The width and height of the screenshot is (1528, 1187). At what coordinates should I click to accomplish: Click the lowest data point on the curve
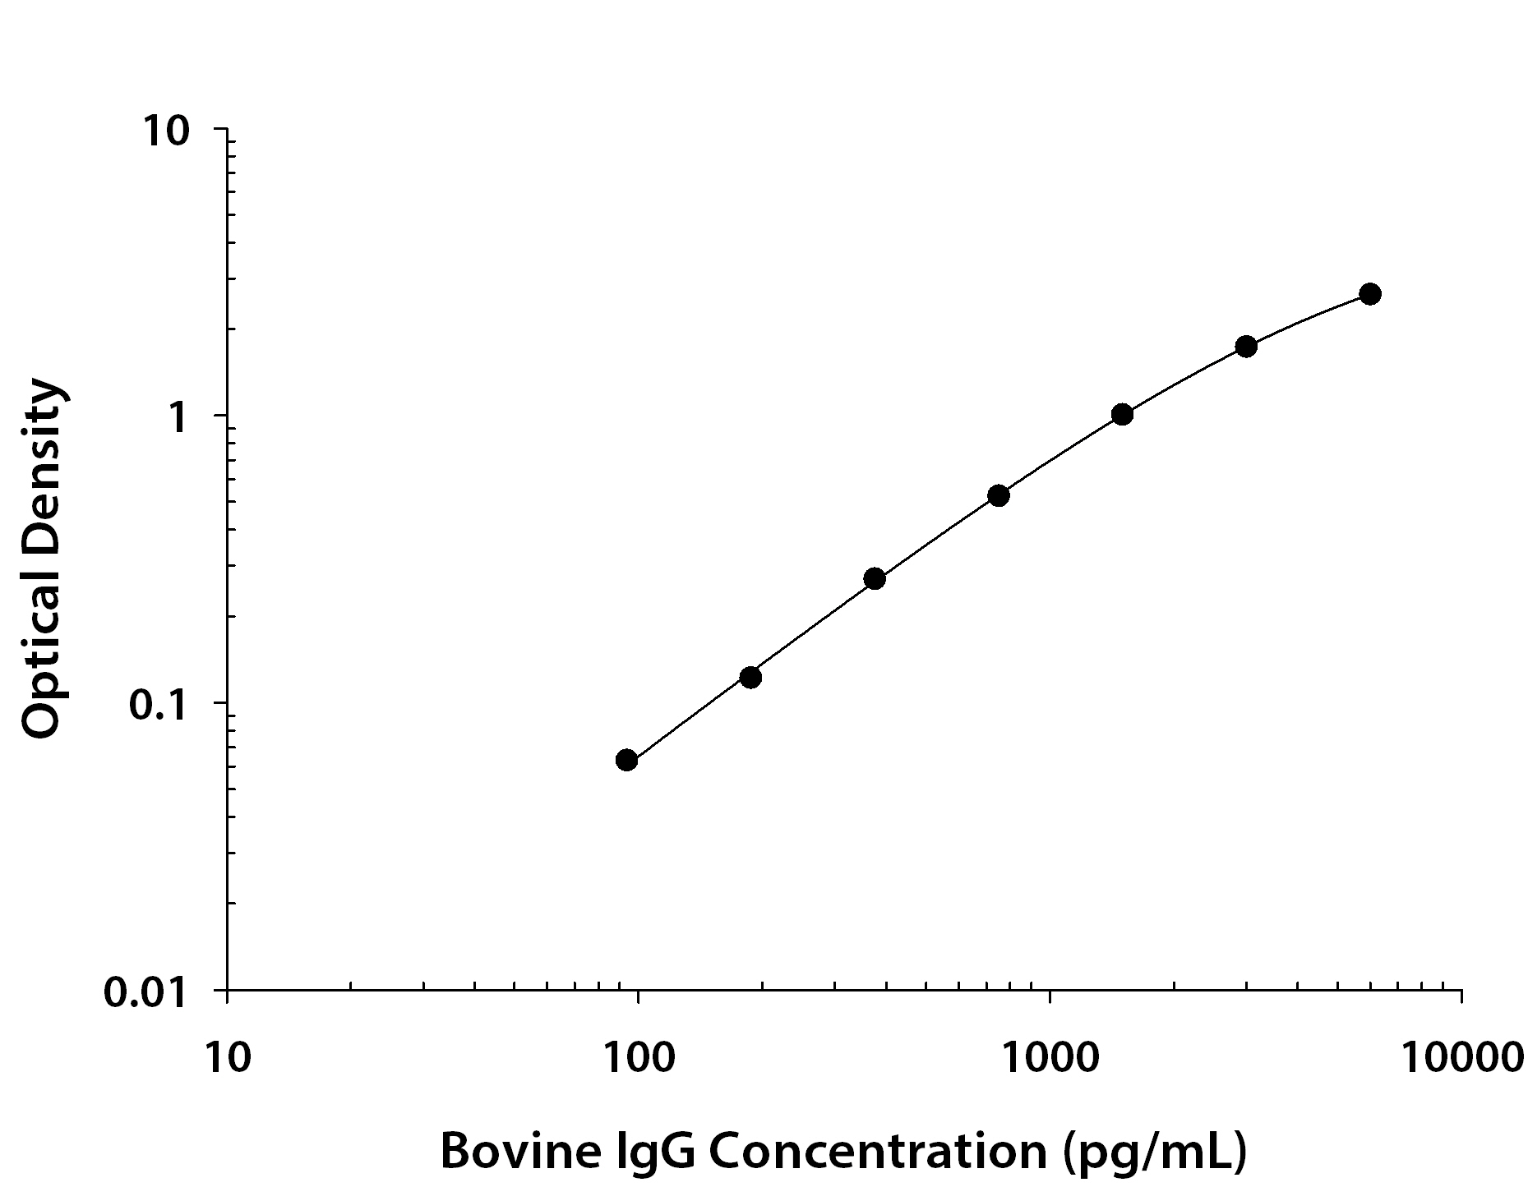[x=626, y=760]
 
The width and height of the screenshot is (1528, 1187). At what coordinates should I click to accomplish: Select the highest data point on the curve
[x=1369, y=293]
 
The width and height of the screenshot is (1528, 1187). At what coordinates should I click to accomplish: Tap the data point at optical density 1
[x=1122, y=414]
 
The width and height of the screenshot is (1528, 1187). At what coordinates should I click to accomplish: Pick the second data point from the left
[x=750, y=677]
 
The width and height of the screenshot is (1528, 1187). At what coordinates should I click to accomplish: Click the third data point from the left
[x=875, y=578]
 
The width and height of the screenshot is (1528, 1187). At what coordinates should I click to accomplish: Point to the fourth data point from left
[x=999, y=495]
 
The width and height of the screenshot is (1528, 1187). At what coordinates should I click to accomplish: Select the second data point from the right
[x=1246, y=346]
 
